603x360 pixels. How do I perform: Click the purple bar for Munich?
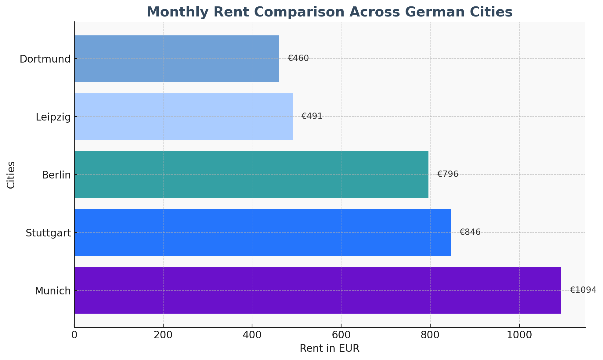point(317,290)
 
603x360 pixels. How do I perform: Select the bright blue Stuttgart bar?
point(262,232)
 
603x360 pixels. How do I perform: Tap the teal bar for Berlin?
point(251,174)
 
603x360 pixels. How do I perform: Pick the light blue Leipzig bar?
point(183,116)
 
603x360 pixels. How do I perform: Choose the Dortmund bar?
point(176,58)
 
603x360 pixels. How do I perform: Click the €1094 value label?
point(583,290)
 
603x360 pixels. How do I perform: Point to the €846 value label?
point(470,232)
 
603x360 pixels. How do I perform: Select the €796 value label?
point(448,174)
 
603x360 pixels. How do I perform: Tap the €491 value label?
point(312,116)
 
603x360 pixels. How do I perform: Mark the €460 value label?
point(298,58)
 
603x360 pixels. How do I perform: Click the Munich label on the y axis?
point(53,291)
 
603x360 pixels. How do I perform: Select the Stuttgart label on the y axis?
point(48,233)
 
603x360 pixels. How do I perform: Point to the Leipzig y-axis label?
point(53,117)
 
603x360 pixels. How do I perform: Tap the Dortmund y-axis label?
point(45,59)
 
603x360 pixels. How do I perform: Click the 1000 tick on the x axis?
point(519,335)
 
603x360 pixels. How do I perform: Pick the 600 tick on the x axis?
point(341,335)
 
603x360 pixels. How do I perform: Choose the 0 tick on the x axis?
point(74,335)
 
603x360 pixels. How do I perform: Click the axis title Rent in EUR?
point(330,348)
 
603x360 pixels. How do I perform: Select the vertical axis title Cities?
point(11,175)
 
